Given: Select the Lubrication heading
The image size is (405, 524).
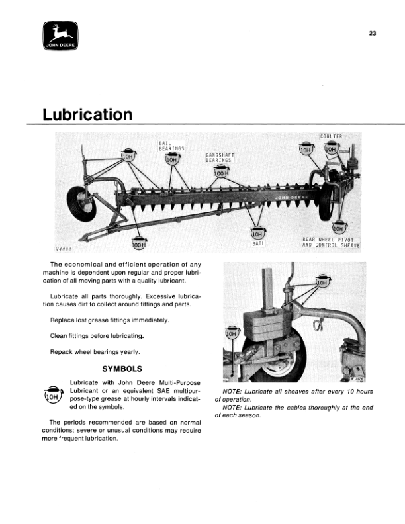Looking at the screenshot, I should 87,115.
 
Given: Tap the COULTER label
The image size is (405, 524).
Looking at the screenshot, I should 330,136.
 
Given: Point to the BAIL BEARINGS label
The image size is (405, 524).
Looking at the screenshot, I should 171,146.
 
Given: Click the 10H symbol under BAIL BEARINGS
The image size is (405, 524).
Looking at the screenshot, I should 171,159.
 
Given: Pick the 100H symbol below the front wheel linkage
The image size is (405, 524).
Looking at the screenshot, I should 138,244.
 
